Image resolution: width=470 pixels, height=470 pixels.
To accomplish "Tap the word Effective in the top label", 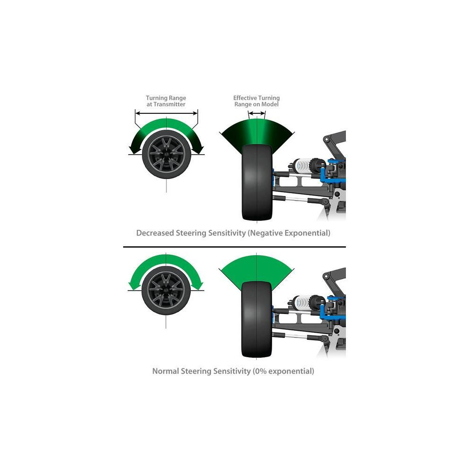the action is point(245,98).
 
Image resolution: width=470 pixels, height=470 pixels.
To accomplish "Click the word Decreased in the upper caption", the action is point(155,233).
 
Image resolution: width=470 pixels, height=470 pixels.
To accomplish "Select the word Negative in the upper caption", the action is point(266,233).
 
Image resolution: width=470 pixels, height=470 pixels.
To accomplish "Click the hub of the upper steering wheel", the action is point(166,154).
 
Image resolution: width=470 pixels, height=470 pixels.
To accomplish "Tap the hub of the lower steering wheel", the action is point(166,290).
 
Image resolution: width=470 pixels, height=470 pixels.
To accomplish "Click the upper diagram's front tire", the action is point(257,182).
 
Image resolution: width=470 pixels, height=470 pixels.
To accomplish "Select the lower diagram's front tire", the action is point(256,319).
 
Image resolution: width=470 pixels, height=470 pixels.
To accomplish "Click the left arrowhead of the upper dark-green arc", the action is point(134,149).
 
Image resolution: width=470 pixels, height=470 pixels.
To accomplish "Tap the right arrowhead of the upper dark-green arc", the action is point(198,149).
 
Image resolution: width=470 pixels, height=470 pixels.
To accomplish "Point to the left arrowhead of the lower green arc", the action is point(134,285).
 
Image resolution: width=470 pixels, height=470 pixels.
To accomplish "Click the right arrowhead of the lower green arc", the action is point(197,285).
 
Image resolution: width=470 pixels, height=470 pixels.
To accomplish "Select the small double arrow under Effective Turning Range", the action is point(257,113).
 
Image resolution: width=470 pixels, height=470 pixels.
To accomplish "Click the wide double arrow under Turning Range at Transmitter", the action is point(166,113).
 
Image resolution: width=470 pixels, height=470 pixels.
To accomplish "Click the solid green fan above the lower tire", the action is point(256,267).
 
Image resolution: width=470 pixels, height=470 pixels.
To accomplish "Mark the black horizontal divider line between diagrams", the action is point(235,247).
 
